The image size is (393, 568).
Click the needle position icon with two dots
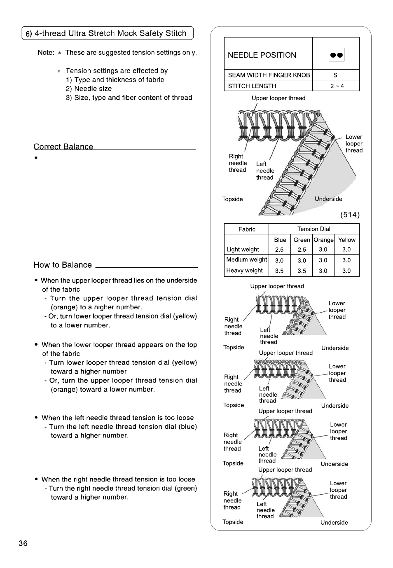click(336, 55)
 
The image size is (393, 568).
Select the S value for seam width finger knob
click(335, 75)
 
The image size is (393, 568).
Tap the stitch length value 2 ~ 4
click(337, 86)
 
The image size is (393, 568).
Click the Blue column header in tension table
click(280, 240)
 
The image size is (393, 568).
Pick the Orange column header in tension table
click(323, 240)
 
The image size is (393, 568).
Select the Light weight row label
click(243, 249)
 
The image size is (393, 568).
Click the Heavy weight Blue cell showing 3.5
click(279, 271)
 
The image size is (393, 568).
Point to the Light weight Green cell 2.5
click(302, 250)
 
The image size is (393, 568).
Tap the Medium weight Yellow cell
click(346, 260)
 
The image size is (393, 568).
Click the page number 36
click(23, 543)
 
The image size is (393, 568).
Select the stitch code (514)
click(350, 215)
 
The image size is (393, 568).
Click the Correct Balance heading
click(63, 147)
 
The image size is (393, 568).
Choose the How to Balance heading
click(63, 265)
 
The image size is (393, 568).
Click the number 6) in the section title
click(28, 34)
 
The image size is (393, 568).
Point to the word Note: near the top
click(46, 53)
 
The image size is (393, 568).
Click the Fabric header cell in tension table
click(247, 229)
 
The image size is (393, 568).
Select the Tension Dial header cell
click(313, 229)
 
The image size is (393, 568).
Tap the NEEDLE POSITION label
click(262, 55)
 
